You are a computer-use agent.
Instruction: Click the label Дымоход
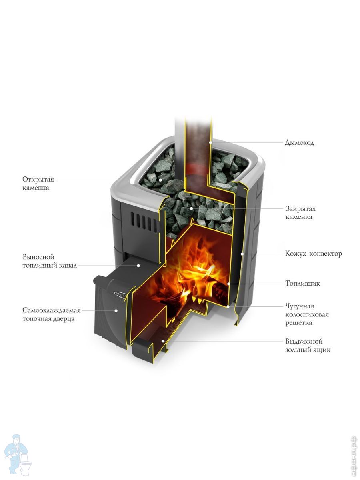tap(299, 142)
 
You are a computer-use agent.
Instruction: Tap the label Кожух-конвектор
tap(314, 254)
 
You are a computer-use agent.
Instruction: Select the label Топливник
tap(302, 284)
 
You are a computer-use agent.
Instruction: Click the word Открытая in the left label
tap(38, 179)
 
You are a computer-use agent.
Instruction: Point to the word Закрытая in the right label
tap(300, 209)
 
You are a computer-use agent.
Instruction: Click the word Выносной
tap(38, 257)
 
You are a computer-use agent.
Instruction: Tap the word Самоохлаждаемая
tap(52, 310)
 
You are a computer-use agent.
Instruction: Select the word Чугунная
tap(300, 306)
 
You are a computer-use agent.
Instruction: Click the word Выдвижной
tap(304, 341)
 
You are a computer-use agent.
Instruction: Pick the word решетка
tap(298, 323)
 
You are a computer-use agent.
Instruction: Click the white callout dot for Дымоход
tap(210, 142)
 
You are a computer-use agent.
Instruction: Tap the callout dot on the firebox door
tap(116, 310)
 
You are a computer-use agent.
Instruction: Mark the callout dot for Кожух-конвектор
tap(242, 254)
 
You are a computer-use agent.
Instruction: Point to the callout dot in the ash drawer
tap(163, 341)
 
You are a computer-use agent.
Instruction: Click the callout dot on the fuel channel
tap(138, 266)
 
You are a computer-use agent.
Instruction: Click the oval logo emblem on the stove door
tap(120, 294)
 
